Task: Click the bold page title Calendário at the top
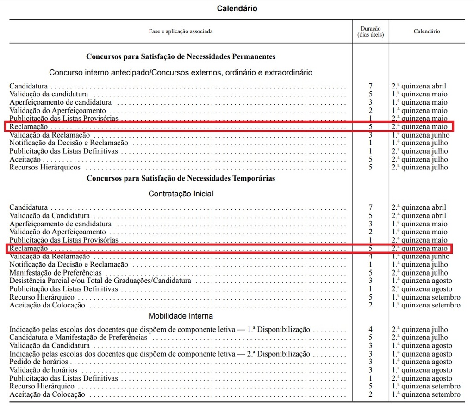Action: (237, 8)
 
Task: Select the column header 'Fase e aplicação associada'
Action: (181, 31)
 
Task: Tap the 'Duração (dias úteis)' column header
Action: (370, 31)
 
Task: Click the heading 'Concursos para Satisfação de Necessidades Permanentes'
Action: (181, 56)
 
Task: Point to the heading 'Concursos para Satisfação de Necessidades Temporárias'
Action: (181, 178)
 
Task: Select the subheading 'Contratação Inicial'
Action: (181, 194)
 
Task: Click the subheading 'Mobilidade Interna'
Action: (181, 316)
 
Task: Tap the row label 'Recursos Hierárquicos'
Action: (45, 167)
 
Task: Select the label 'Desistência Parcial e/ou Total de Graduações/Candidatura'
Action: (100, 281)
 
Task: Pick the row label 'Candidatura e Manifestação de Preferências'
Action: (78, 337)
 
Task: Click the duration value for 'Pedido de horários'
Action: (370, 362)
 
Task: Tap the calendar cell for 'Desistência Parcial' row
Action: (422, 281)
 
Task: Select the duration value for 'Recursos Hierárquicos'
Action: (370, 167)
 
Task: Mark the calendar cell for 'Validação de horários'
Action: (422, 370)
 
